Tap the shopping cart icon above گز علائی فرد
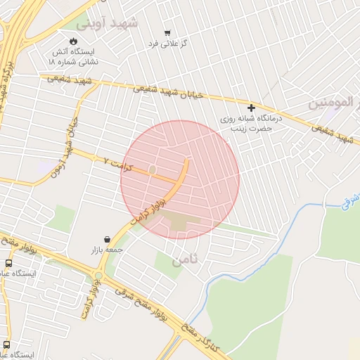pos(167,33)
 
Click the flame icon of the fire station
pos(74,41)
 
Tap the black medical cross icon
pos(251,108)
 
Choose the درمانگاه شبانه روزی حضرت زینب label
pos(252,124)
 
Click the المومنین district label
pos(334,104)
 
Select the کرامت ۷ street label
pos(117,161)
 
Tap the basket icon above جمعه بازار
pos(106,239)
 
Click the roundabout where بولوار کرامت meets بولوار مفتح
pos(98,276)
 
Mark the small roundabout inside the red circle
pos(153,169)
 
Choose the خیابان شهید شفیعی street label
pos(169,91)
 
